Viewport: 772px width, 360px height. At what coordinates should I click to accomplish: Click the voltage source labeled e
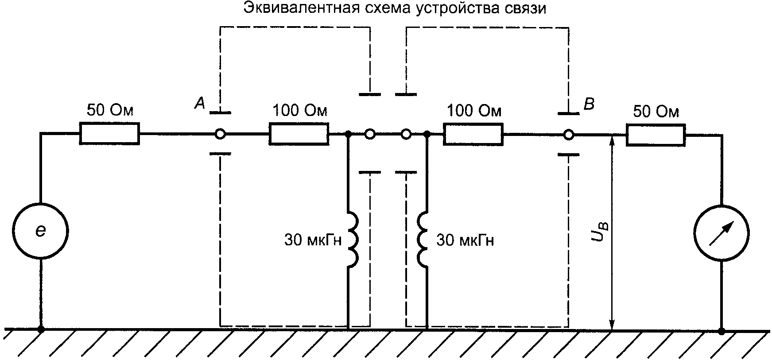point(40,231)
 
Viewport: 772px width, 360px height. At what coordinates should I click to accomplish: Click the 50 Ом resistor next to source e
point(109,133)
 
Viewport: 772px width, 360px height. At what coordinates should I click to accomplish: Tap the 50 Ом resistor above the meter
point(656,133)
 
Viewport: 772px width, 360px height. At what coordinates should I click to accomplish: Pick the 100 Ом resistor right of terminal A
point(299,133)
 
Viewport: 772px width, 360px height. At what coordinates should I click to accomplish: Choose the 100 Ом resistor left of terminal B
point(473,133)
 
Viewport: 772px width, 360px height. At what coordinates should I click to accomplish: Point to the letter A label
point(200,104)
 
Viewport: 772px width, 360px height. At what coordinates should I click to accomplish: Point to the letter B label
point(589,105)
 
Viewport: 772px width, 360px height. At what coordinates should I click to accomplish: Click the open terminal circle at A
point(220,133)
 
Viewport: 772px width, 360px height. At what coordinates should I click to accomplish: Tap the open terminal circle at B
point(569,133)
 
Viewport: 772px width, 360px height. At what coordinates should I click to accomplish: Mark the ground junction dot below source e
point(41,329)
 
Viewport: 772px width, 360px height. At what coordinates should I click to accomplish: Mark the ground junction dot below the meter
point(722,330)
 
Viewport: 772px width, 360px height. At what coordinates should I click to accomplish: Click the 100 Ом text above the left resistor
point(300,110)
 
